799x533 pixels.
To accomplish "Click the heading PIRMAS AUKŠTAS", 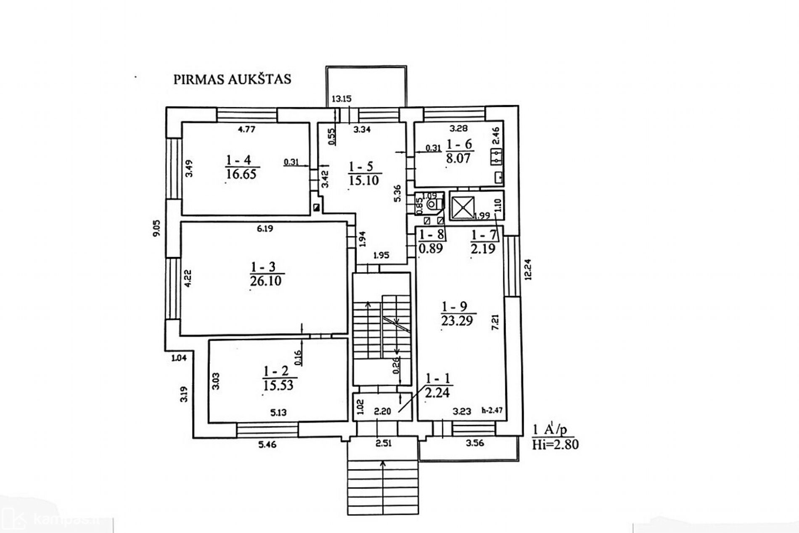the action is (232, 79).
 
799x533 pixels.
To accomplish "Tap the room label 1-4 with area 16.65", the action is (241, 167).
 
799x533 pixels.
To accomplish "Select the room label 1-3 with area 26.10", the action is (266, 274).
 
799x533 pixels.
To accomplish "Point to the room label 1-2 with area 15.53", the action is (278, 378).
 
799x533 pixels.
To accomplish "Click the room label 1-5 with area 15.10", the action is (364, 174).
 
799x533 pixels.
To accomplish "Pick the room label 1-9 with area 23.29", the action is (457, 313).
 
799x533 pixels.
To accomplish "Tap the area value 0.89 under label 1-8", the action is (431, 248).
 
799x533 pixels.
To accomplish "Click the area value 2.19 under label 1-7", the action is (483, 249).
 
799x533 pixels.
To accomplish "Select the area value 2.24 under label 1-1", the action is (437, 393).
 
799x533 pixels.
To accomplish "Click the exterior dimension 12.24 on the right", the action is (528, 269).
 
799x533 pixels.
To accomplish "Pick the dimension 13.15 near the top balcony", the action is (341, 99).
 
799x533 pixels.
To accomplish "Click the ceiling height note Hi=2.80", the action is (555, 445).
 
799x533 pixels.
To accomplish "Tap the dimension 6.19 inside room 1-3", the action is (265, 229).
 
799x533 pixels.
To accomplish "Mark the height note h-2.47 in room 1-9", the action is (492, 410).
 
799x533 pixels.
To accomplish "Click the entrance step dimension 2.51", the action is (384, 443).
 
